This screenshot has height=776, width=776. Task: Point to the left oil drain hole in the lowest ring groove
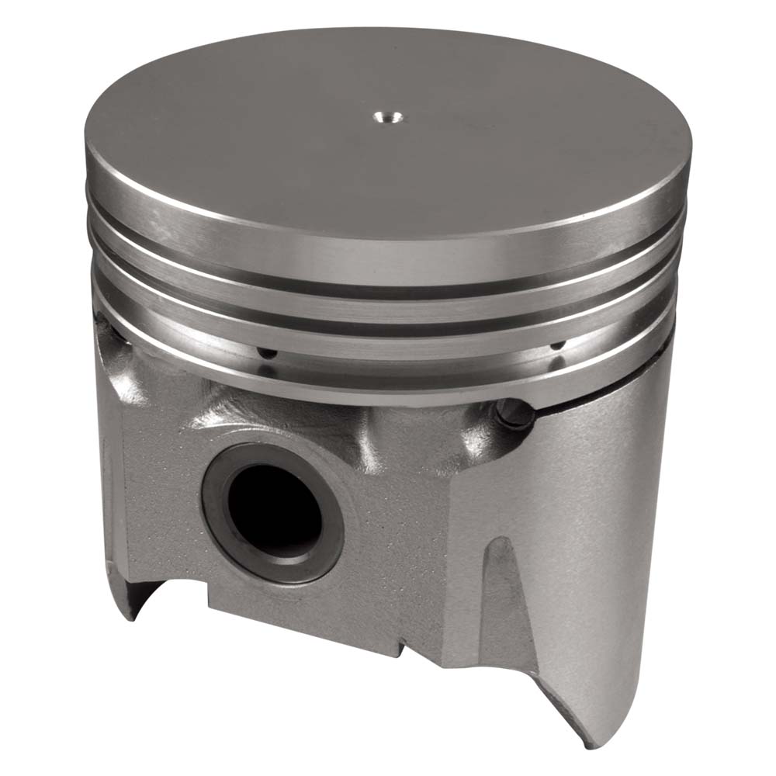[x=267, y=353]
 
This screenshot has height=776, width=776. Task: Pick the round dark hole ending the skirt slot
[x=514, y=413]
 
